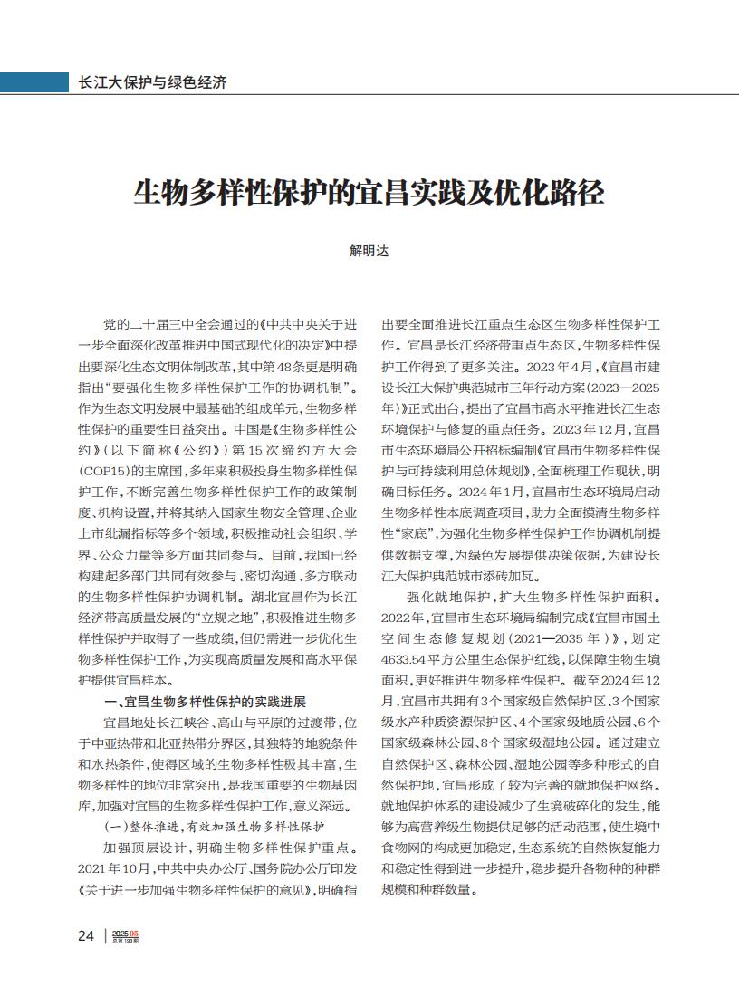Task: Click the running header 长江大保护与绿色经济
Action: point(152,81)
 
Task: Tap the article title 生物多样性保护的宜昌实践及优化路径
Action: point(369,193)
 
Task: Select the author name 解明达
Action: point(369,251)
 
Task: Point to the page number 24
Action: point(86,935)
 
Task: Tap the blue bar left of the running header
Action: point(34,81)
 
